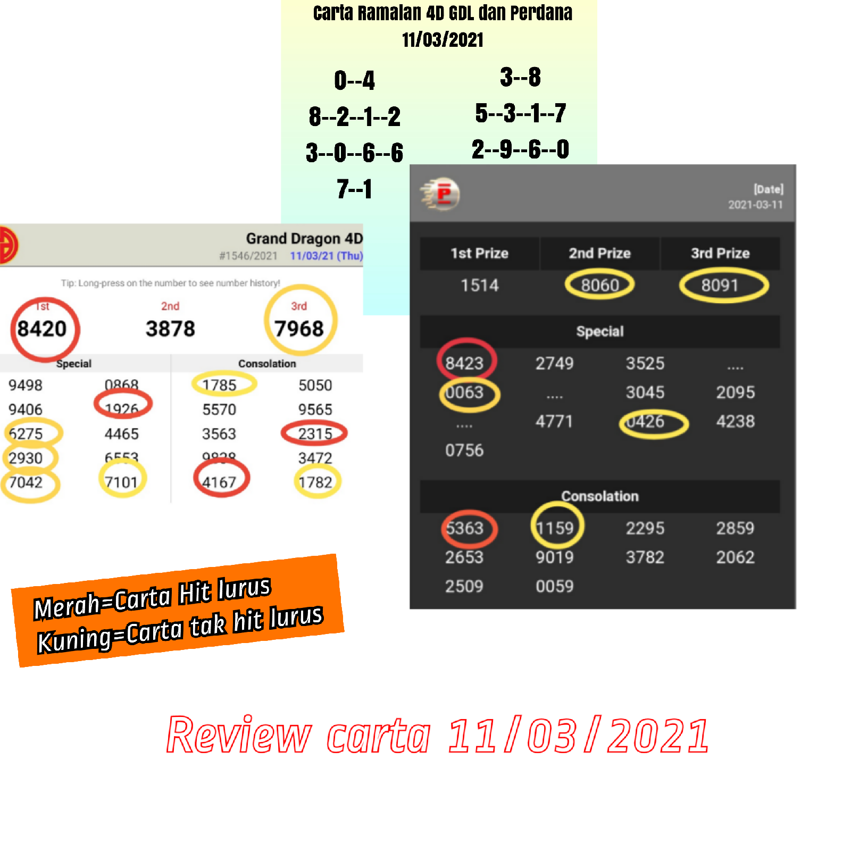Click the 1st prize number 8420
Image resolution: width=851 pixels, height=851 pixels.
pos(42,329)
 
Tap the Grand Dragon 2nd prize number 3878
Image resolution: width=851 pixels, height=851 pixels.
pos(170,329)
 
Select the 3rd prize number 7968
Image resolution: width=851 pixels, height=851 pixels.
pos(299,329)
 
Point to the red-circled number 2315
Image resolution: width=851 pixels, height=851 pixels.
pos(315,433)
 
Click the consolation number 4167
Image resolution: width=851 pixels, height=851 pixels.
pos(219,482)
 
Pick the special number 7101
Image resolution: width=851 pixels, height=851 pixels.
pos(121,482)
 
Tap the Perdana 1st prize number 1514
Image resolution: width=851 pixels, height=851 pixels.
pos(479,286)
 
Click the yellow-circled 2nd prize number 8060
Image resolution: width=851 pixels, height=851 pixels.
pos(599,286)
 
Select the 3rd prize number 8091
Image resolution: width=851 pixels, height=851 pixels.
pos(720,286)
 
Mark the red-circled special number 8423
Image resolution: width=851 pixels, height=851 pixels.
pos(464,363)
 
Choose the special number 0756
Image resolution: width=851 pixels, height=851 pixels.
pos(464,450)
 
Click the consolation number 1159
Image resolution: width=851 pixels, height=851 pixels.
pos(555,528)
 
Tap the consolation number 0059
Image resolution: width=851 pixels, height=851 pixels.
pos(555,586)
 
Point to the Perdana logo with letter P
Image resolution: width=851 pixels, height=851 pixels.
pos(441,194)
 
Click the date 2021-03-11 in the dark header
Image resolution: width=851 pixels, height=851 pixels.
pos(755,205)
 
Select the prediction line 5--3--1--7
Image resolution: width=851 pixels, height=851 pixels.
pos(521,113)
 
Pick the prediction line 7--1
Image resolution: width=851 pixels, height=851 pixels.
pos(354,189)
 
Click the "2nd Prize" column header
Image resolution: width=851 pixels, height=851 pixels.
pos(599,253)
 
